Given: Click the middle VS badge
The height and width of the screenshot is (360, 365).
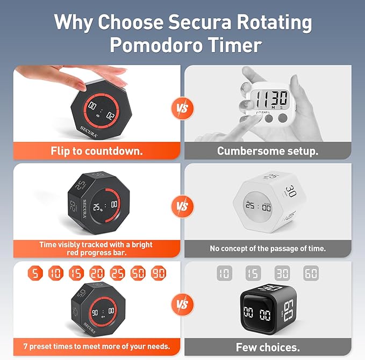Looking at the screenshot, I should (x=182, y=206).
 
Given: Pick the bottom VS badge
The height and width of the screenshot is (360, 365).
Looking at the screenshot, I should (x=182, y=305).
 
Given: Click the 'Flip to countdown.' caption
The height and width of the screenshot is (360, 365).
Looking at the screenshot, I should (x=97, y=151).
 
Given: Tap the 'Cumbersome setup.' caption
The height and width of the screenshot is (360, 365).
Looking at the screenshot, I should (x=268, y=151).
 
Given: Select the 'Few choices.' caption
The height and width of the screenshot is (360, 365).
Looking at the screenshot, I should (x=268, y=347).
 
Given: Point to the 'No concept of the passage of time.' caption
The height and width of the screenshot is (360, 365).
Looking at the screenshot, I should (x=268, y=249).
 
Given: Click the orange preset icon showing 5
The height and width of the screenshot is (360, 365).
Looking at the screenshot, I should (x=35, y=273).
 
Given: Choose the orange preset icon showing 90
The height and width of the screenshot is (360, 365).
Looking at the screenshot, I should (x=159, y=273).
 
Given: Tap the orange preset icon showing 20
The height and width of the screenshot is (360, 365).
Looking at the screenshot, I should (x=97, y=273).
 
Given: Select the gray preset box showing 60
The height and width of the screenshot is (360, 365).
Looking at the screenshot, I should (x=311, y=273).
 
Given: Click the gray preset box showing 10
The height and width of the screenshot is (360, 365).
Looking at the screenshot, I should (x=224, y=273).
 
